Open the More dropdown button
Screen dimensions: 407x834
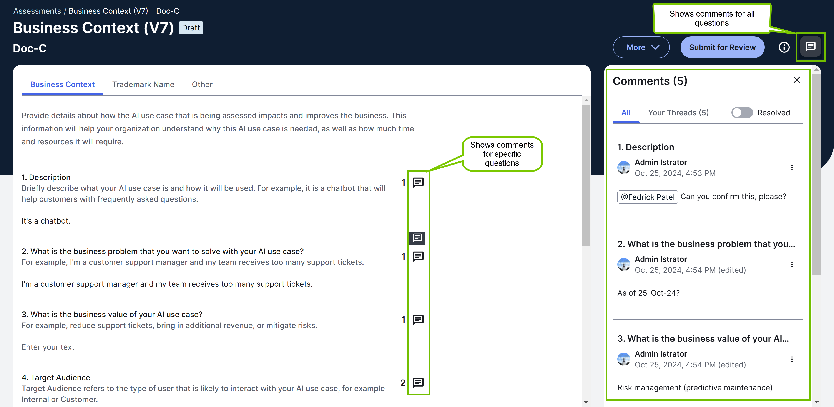[x=641, y=47]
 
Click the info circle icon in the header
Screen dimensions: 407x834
[x=784, y=47]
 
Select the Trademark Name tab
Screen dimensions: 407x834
[x=143, y=84]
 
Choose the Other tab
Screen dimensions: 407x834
[x=202, y=84]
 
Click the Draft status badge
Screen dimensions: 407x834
[x=191, y=28]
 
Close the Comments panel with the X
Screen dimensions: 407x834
[x=796, y=80]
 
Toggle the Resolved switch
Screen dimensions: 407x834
[x=742, y=113]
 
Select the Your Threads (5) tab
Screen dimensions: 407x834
[x=678, y=113]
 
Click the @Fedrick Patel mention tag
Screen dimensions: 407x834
[x=648, y=197]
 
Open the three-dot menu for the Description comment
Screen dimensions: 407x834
[x=792, y=168]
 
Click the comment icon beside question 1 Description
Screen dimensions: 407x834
[x=418, y=183]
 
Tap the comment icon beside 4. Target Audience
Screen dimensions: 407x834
[x=418, y=383]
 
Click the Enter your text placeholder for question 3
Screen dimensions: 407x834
[x=48, y=347]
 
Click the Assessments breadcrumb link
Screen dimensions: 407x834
[x=37, y=11]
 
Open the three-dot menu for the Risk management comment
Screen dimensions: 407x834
[x=792, y=359]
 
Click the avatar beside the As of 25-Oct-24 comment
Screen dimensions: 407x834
[x=623, y=264]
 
